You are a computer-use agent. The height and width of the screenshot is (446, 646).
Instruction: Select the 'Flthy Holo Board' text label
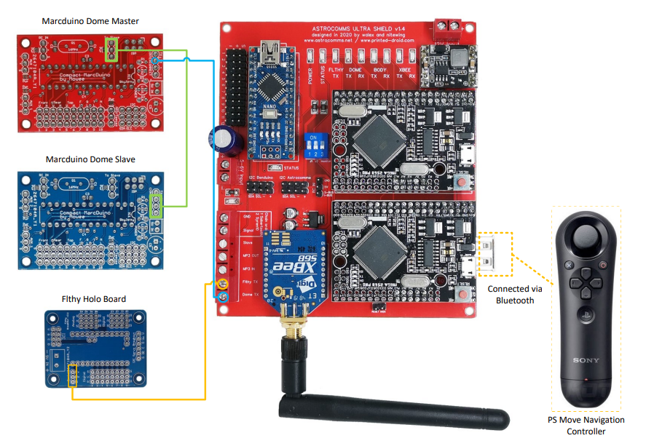(x=94, y=299)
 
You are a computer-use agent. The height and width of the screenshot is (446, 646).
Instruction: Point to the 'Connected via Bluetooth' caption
(x=514, y=294)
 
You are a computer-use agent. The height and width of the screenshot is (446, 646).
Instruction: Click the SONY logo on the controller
(x=586, y=360)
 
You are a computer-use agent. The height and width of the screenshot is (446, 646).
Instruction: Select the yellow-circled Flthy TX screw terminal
(x=225, y=283)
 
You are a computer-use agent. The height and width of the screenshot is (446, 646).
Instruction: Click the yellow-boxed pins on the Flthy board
(x=72, y=376)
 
